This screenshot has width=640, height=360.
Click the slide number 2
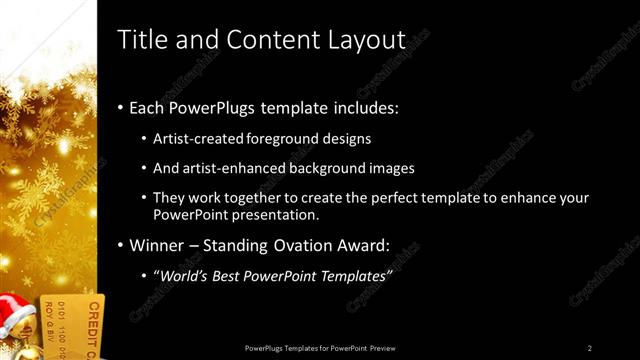(x=590, y=348)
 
